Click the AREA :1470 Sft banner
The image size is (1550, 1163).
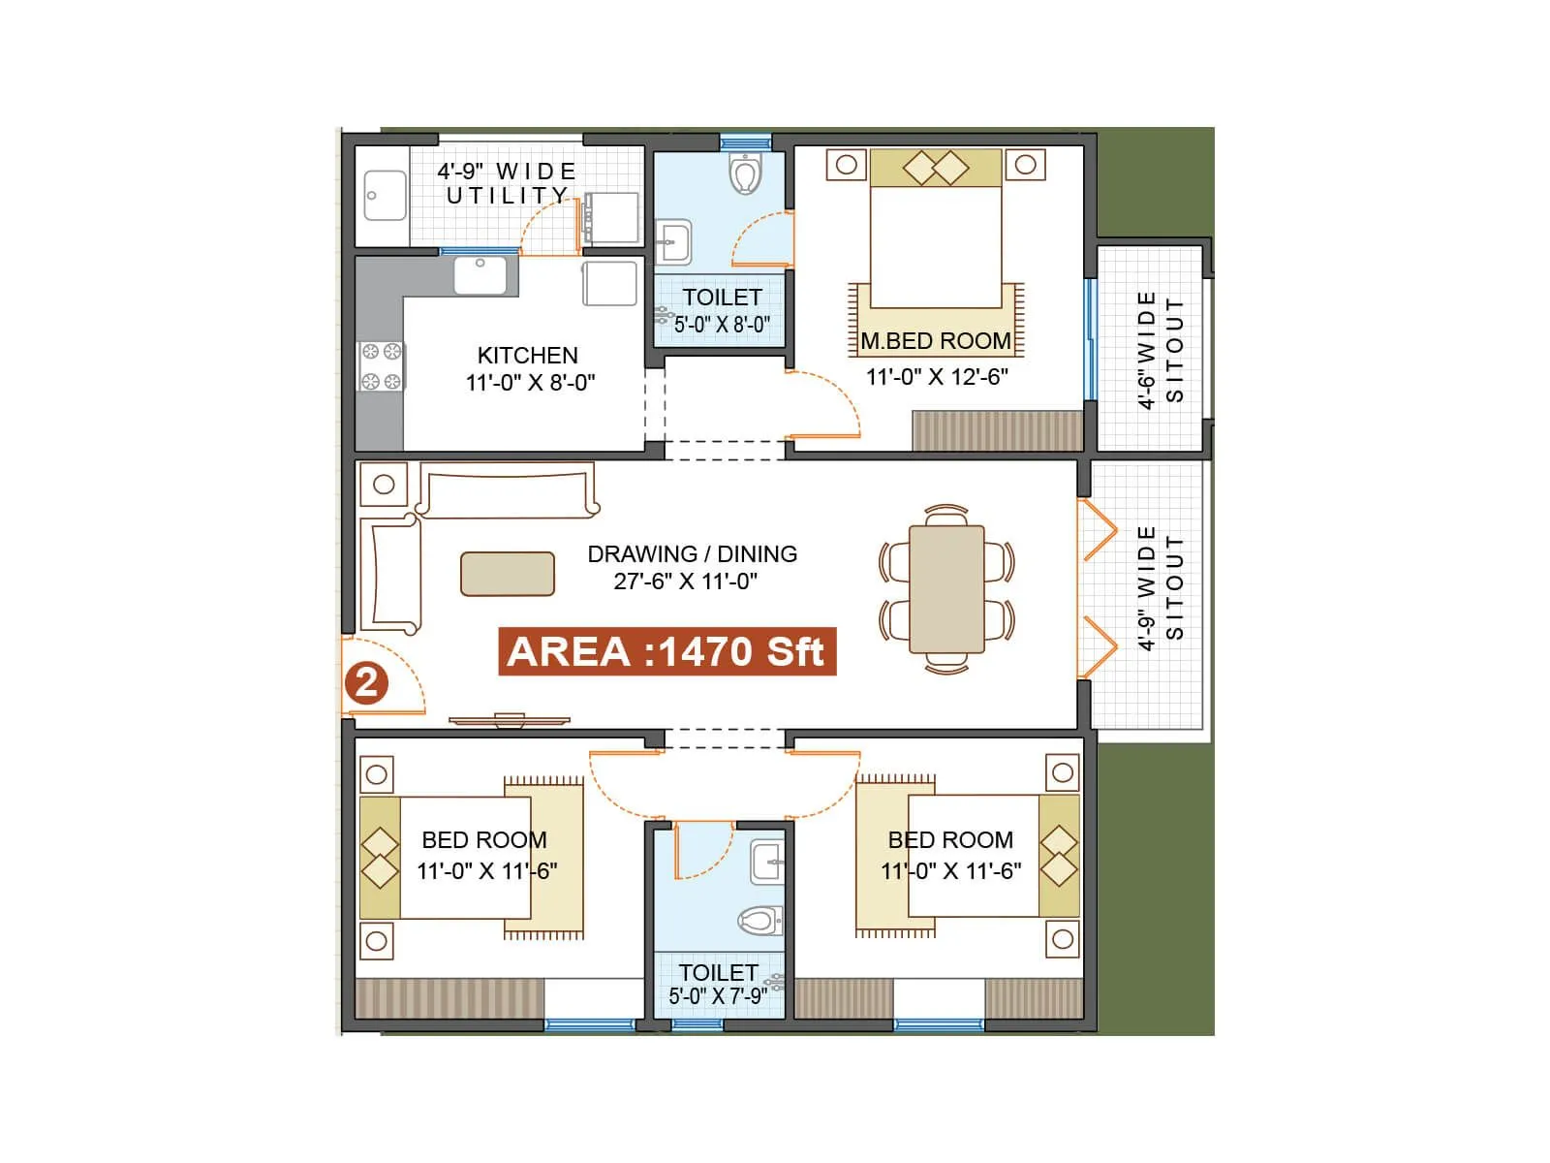666,651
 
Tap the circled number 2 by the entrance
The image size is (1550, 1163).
366,683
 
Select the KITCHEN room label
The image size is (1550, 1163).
527,356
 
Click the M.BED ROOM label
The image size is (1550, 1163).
936,341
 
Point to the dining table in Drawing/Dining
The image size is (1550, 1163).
946,589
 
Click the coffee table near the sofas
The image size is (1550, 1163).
508,574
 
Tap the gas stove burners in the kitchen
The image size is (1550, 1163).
381,366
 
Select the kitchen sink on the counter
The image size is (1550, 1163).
480,275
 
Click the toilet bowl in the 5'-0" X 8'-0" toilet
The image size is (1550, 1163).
744,175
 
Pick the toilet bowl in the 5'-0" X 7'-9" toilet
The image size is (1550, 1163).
761,920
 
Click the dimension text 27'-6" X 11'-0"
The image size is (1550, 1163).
685,581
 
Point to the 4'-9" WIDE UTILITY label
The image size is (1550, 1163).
506,183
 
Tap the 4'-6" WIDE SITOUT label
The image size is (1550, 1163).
1160,350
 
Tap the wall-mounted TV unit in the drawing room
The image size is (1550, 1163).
509,720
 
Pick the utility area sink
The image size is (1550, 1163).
385,196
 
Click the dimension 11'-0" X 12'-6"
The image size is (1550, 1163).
937,377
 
